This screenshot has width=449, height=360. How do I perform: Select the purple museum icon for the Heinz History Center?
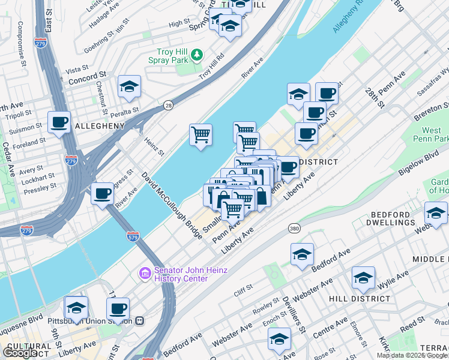point(145,274)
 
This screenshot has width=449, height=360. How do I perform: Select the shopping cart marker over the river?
point(200,134)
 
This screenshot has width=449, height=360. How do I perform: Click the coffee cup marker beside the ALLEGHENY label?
point(59,122)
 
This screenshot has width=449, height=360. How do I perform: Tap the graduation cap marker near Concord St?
point(129,86)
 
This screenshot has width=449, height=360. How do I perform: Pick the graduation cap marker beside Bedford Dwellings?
point(435,212)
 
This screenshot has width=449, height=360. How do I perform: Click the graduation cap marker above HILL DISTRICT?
point(363,277)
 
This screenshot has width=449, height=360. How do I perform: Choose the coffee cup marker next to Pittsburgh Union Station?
point(118,308)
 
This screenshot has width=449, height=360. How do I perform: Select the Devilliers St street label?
point(294,316)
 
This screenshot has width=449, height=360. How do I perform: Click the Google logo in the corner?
point(20,353)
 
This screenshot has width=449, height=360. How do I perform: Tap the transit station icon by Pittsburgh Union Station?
point(140,320)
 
